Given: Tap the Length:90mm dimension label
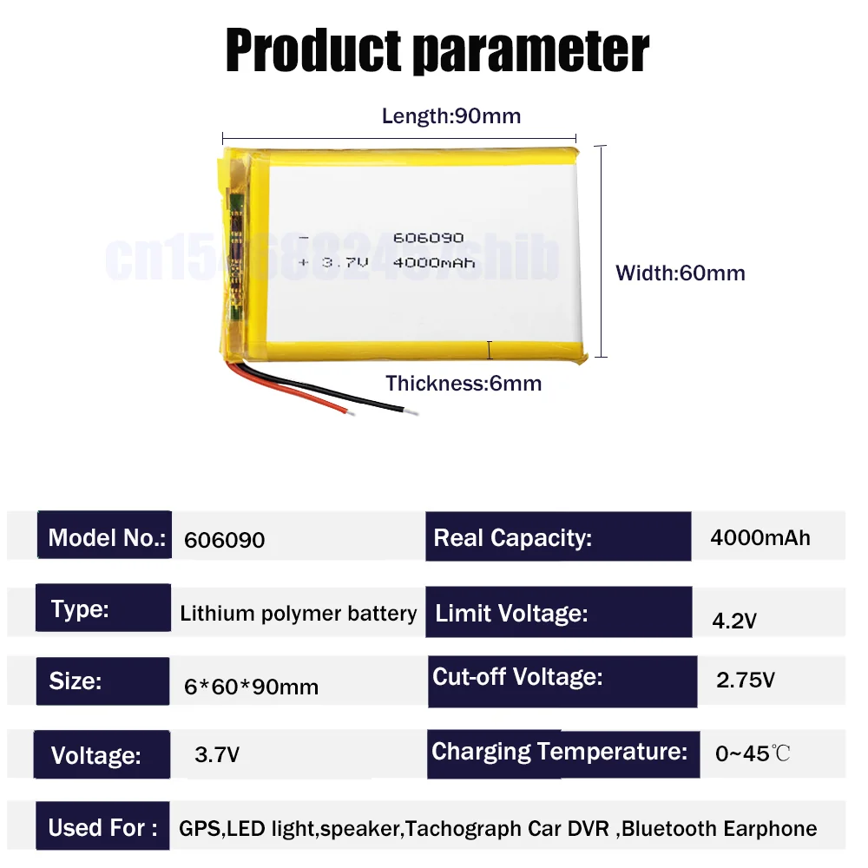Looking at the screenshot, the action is (x=451, y=115).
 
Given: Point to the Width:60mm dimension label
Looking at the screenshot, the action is (x=681, y=273).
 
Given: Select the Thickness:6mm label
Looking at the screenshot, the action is (x=464, y=383).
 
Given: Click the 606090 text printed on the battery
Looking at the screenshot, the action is (x=429, y=238).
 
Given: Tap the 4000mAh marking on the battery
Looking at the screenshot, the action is (x=434, y=261).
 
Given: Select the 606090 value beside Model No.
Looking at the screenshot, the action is (x=225, y=540).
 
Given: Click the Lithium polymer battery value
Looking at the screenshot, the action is (x=299, y=614).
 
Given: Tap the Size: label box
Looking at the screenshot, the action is (x=102, y=681).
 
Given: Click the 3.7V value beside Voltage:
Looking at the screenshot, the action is (x=217, y=755).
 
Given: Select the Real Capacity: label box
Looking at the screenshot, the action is (x=558, y=537).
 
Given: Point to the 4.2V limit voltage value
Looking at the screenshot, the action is (x=735, y=621).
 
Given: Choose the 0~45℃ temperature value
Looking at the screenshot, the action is (x=753, y=753).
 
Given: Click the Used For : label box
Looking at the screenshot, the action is (x=102, y=827).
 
